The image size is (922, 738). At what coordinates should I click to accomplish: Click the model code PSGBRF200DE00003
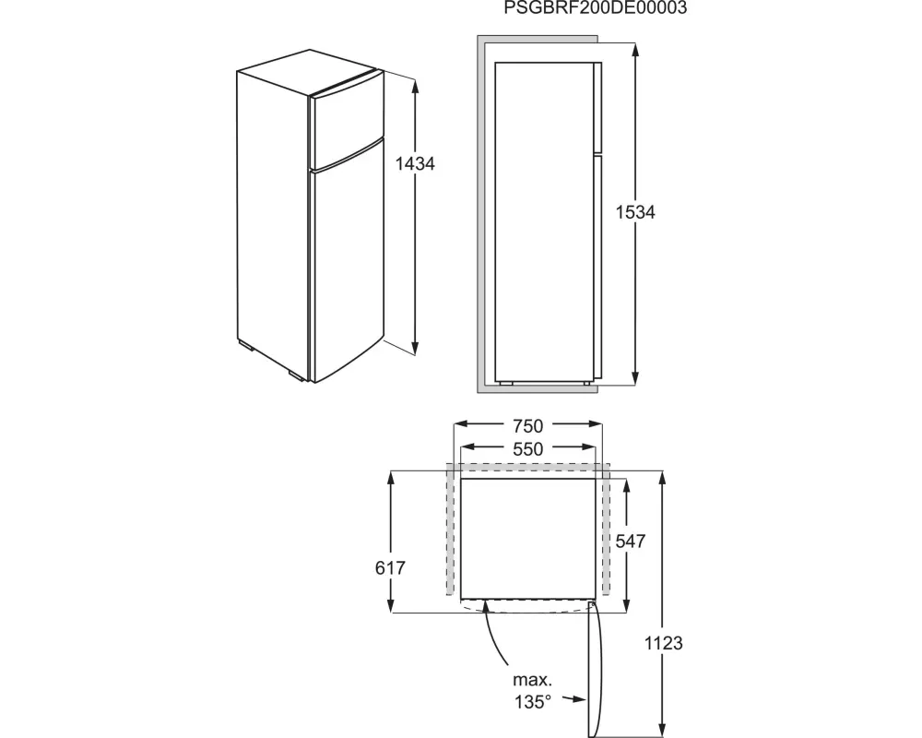click(x=595, y=7)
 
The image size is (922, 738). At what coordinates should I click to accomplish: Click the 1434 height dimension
click(x=415, y=163)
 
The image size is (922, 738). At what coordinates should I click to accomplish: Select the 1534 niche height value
click(x=635, y=212)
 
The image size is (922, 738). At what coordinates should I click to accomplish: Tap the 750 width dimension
click(x=527, y=425)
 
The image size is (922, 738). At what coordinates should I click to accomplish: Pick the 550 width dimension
click(x=527, y=449)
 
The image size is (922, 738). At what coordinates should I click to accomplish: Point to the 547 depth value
click(x=631, y=541)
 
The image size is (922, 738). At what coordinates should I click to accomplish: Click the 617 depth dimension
click(x=390, y=568)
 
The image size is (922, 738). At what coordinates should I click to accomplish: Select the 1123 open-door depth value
click(x=663, y=643)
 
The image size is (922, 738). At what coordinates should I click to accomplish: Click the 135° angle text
click(x=533, y=702)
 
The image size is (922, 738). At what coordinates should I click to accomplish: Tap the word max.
click(x=533, y=680)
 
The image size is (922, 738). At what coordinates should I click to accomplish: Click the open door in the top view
click(x=595, y=667)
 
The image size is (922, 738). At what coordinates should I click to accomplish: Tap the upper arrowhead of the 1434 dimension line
click(x=415, y=86)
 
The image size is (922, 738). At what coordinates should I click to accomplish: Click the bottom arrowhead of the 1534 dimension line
click(x=635, y=378)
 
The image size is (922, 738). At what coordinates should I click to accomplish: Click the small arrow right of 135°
click(x=573, y=699)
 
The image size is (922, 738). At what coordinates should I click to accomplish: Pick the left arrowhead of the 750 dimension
click(x=460, y=423)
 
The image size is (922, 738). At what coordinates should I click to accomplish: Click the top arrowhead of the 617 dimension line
click(x=390, y=478)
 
